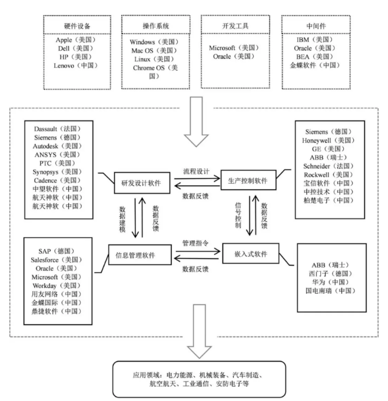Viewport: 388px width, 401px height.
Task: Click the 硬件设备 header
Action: tap(77, 26)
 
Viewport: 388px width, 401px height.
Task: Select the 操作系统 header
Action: tap(156, 26)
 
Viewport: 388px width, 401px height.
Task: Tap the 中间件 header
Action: tap(316, 26)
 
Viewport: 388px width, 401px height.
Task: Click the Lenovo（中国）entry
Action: tap(76, 66)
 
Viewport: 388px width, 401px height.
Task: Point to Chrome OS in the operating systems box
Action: tap(149, 68)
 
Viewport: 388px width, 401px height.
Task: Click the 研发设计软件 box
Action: tap(142, 183)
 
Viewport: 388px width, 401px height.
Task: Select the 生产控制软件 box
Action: tap(248, 180)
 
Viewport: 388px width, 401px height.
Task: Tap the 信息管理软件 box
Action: tap(140, 255)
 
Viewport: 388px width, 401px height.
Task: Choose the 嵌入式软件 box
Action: tap(251, 253)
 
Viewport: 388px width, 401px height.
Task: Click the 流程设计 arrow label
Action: tap(196, 171)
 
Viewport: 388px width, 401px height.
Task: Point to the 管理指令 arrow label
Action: tap(195, 243)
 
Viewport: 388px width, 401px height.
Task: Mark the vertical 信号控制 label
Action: tap(238, 215)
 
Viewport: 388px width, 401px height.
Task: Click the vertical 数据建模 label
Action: tap(122, 220)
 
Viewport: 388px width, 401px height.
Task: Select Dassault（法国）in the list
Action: tap(57, 128)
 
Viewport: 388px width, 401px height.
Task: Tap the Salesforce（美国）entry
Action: tap(57, 260)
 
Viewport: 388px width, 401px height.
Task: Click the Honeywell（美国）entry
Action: tap(329, 140)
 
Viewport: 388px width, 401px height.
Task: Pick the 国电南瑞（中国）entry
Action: tap(330, 291)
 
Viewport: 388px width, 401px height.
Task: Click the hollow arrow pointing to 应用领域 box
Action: tap(199, 331)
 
